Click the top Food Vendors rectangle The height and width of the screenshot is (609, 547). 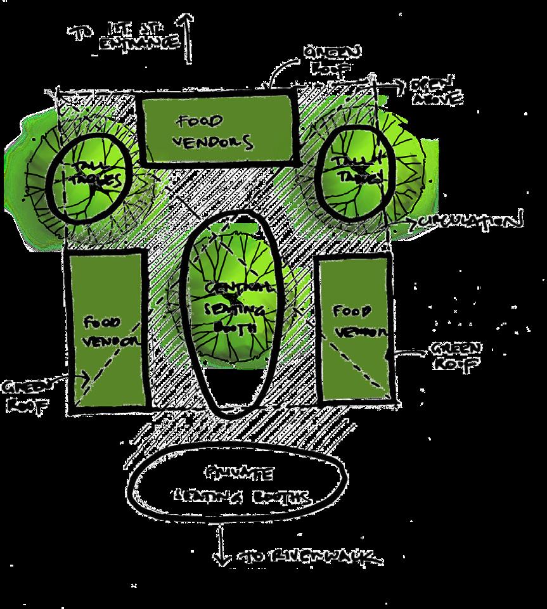217,131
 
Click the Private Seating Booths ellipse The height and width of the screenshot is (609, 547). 237,485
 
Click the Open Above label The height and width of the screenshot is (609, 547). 436,93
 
